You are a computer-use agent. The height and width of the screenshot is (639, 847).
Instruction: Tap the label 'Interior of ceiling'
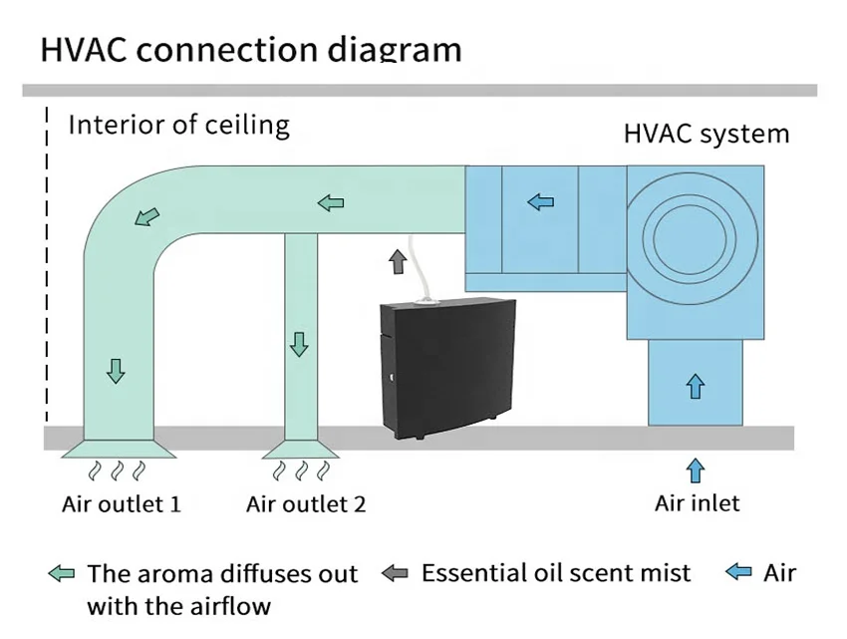point(178,126)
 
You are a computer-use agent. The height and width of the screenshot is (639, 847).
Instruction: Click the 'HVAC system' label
point(706,134)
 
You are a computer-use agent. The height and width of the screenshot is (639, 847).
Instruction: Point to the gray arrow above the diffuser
point(398,262)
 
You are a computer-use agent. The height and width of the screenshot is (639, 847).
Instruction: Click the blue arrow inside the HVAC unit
point(540,202)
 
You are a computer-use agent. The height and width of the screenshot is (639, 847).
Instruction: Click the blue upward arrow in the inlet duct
point(696,385)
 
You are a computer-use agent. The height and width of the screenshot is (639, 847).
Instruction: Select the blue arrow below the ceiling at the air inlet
point(696,470)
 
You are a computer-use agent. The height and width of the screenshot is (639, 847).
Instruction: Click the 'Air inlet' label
point(697,502)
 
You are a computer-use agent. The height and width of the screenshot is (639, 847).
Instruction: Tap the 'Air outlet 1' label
point(121,503)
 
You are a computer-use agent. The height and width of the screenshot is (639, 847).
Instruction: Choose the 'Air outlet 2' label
point(306,503)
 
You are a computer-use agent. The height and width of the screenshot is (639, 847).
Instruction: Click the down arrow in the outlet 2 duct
point(299,345)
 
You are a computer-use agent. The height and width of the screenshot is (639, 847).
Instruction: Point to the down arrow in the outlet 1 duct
point(117,371)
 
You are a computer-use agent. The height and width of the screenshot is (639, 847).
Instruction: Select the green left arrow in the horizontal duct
point(331,203)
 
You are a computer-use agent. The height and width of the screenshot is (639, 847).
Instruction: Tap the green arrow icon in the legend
point(62,574)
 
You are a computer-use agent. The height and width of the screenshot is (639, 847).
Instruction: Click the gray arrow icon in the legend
point(396,573)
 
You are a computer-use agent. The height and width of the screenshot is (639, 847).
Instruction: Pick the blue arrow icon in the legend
point(738,572)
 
